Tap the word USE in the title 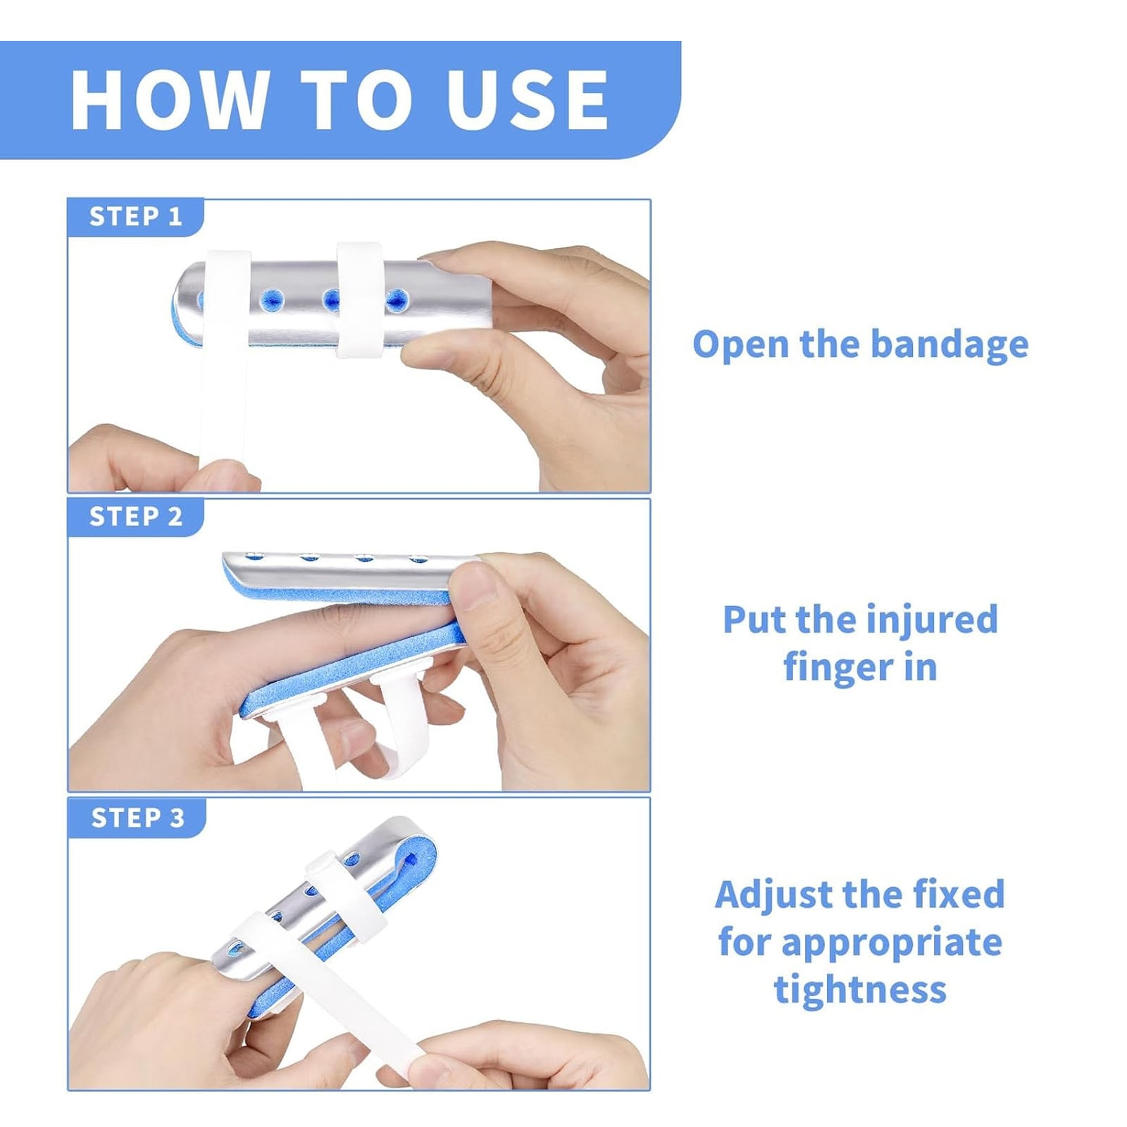tap(527, 99)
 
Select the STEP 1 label tap(136, 216)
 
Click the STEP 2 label tap(136, 516)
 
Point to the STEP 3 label tap(137, 818)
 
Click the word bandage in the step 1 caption tap(949, 345)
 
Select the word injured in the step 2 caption tap(932, 621)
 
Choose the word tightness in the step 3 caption tap(861, 989)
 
